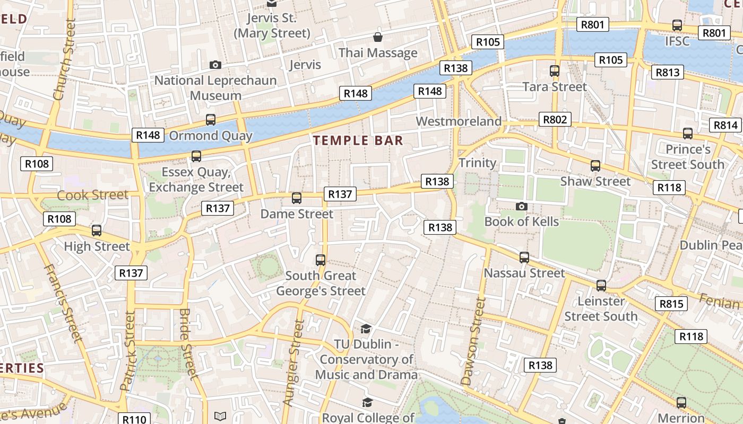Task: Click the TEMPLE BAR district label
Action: coord(358,140)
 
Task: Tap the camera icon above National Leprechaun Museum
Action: coord(215,65)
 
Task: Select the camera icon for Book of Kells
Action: coord(522,206)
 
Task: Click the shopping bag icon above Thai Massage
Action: coord(378,37)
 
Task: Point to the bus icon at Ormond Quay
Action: coord(211,119)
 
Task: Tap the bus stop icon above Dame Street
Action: coord(297,198)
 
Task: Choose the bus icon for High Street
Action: coord(97,231)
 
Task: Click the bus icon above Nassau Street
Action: coord(524,258)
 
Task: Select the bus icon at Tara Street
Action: coord(555,70)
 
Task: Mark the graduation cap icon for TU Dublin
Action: coord(366,329)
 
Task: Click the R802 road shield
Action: coord(555,119)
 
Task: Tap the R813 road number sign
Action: coord(668,72)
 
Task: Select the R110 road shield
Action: coord(134,419)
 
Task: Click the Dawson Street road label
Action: coord(473,341)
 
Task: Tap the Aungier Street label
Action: coord(294,363)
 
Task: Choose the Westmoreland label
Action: coord(459,121)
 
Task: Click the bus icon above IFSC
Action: coord(677,25)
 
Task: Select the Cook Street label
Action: coord(93,195)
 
